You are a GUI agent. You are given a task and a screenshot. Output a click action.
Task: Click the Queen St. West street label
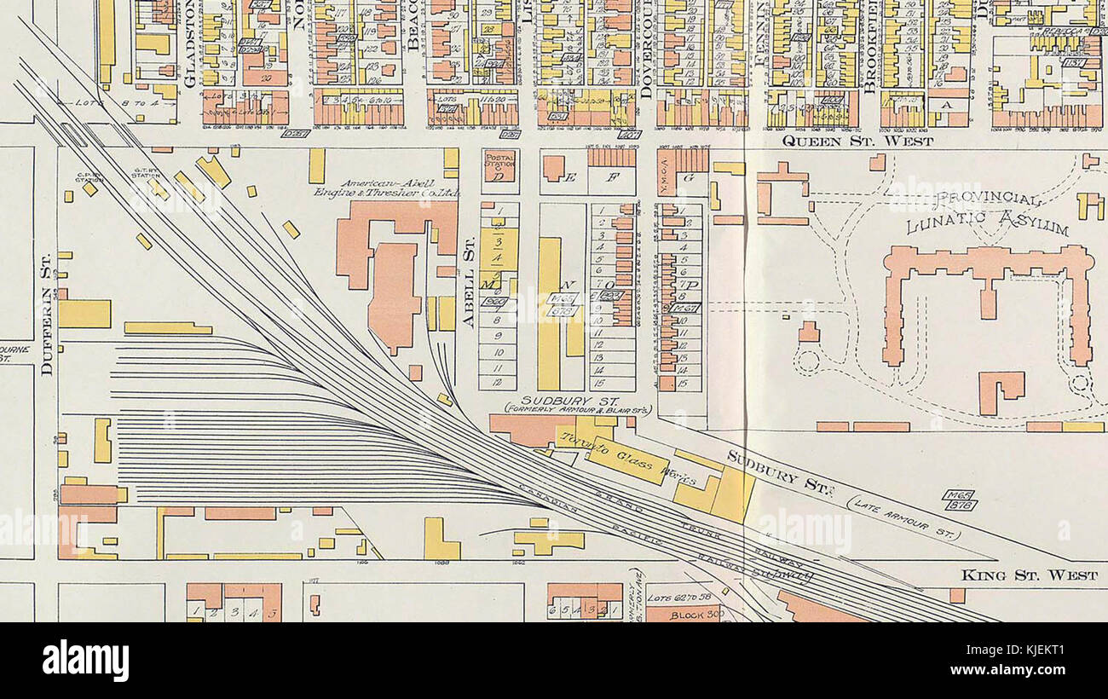pos(857,141)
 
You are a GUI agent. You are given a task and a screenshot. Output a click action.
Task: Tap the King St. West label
pos(1030,575)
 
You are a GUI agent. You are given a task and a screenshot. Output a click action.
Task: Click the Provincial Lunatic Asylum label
pos(987,214)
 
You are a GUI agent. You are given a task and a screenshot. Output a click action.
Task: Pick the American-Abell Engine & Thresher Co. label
pos(387,188)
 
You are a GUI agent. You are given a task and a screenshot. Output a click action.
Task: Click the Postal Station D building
pos(499,165)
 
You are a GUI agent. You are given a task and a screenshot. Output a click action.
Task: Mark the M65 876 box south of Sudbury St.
pos(959,500)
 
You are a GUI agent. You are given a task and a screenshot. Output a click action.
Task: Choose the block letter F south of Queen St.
pos(611,178)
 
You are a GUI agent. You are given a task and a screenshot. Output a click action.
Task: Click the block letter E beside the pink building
pos(570,177)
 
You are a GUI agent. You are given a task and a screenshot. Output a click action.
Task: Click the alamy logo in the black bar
pos(85,661)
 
